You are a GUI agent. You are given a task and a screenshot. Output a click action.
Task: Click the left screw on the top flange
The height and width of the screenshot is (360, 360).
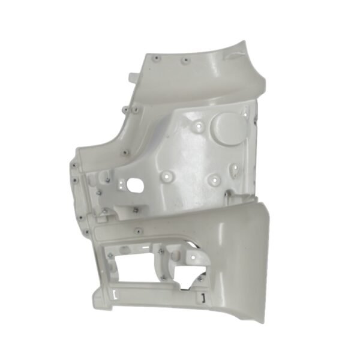(x=157, y=58)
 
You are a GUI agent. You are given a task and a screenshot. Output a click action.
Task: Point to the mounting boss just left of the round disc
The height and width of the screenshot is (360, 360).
(x=199, y=128)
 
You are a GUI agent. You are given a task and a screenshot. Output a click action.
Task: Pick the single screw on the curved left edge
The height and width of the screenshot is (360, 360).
(x=124, y=152)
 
